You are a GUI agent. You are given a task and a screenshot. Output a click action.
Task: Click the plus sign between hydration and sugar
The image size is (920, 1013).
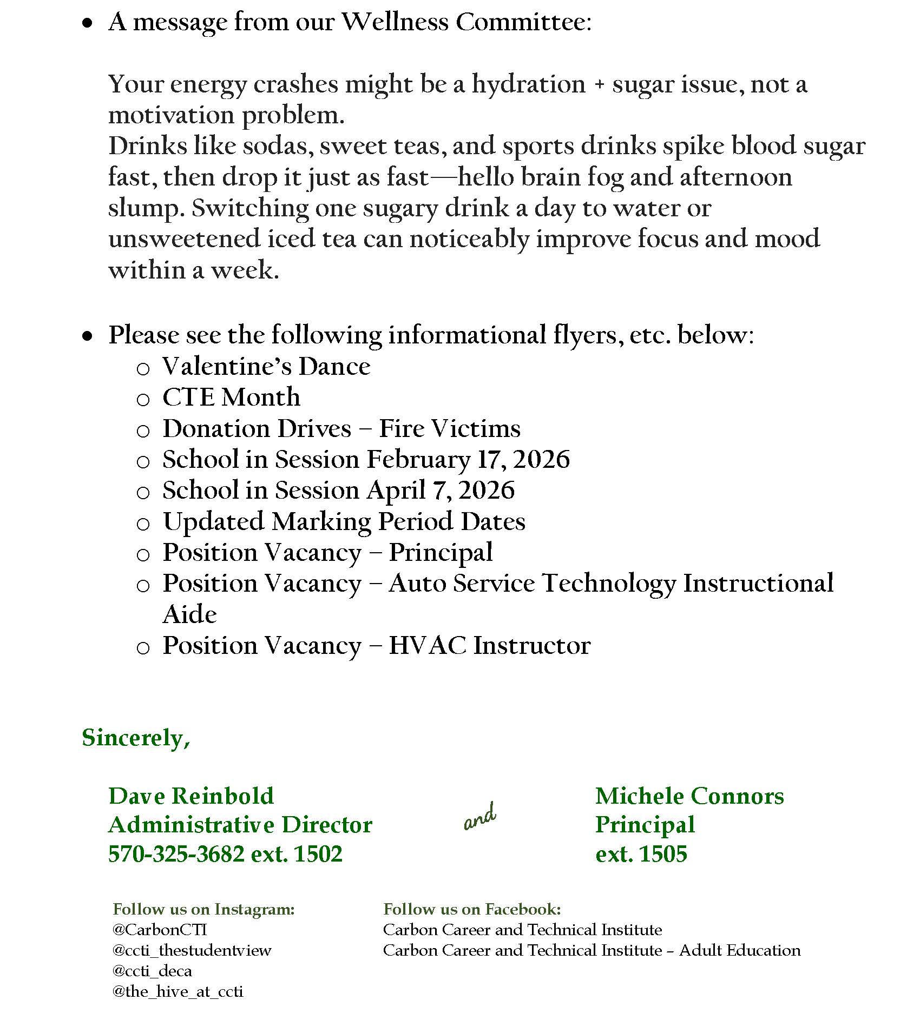coord(599,85)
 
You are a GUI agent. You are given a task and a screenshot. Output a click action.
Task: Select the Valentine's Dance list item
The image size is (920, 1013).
coord(266,366)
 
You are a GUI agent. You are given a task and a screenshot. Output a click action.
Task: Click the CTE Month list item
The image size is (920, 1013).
coord(231,397)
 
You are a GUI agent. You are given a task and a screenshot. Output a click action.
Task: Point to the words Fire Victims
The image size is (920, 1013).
coord(449,428)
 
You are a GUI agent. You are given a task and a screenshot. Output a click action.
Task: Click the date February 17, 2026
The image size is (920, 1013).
coord(468,460)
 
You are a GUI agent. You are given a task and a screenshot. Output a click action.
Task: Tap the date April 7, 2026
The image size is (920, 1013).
coord(441,491)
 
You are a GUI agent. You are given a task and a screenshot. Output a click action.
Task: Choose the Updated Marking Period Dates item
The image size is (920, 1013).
coord(344,522)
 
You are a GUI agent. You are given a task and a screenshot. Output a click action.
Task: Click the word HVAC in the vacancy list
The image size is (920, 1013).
coord(427,645)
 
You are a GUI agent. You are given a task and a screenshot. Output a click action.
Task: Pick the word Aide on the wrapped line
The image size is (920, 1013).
coord(189,614)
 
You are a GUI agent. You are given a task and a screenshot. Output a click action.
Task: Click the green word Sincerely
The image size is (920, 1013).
coord(135,738)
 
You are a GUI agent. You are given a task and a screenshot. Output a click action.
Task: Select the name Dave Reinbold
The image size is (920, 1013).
coord(191,796)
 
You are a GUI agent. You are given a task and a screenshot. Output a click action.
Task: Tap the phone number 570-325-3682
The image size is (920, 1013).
coord(176,854)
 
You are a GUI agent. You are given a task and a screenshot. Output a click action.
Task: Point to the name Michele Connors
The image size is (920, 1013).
coord(689,796)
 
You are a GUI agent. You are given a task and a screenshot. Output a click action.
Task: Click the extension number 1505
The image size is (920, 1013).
coord(663,854)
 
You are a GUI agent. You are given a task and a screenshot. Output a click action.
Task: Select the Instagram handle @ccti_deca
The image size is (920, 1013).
coord(152,971)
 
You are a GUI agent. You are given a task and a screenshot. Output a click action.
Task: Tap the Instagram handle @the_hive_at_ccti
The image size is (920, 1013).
coord(178,991)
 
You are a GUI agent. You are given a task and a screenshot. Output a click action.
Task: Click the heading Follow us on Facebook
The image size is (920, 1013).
coord(472,909)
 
